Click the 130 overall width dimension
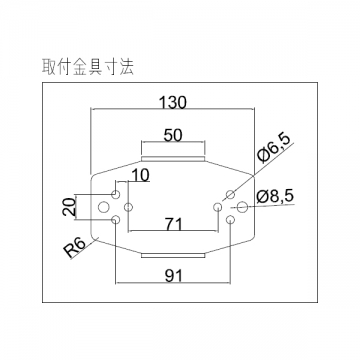172,102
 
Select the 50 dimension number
173,136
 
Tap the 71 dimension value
174,224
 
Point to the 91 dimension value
174,276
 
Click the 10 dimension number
141,176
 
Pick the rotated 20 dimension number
69,207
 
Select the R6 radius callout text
75,248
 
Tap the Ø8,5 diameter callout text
275,196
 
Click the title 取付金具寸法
88,67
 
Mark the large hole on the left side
103,207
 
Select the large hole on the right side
242,207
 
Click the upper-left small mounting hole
116,194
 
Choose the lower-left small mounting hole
116,220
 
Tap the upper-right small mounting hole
230,194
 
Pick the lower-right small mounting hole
230,220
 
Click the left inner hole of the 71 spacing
129,207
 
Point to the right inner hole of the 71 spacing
217,207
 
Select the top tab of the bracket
173,159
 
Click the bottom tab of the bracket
173,255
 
